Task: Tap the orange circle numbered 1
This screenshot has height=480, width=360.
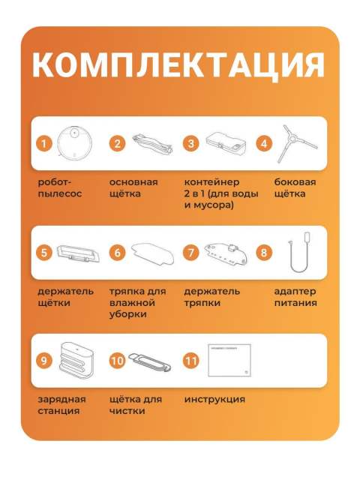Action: pyautogui.click(x=46, y=142)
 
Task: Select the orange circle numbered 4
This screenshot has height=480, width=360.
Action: pyautogui.click(x=263, y=142)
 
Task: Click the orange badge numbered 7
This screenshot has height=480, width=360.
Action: pyautogui.click(x=192, y=252)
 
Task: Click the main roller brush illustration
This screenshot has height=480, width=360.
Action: pyautogui.click(x=151, y=142)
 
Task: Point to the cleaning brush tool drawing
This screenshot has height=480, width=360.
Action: pyautogui.click(x=153, y=362)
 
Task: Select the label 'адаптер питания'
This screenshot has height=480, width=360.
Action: pyautogui.click(x=295, y=297)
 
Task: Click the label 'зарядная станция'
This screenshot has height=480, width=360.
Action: pyautogui.click(x=61, y=405)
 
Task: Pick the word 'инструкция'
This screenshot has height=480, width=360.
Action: pyautogui.click(x=214, y=400)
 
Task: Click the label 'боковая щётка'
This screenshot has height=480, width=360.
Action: pyautogui.click(x=295, y=187)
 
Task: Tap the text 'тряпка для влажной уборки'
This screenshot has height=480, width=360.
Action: pyautogui.click(x=136, y=302)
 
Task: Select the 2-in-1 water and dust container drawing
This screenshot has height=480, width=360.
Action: pyautogui.click(x=226, y=142)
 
